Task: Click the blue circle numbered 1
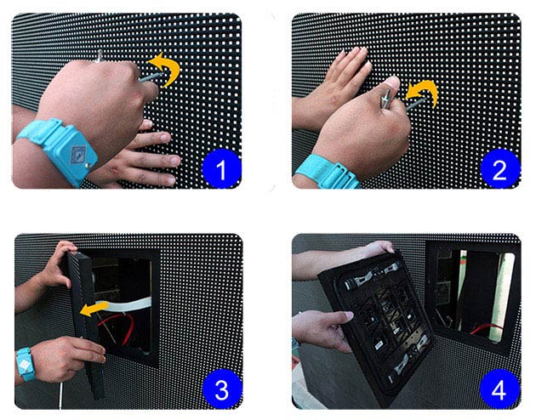click(221, 168)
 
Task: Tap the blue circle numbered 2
click(500, 168)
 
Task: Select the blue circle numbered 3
click(222, 389)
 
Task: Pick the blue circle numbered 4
click(499, 389)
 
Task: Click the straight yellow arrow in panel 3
click(94, 309)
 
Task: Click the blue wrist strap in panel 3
click(26, 364)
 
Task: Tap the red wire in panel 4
click(486, 328)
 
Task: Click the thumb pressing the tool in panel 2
click(391, 85)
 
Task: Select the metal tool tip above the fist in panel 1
click(100, 55)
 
